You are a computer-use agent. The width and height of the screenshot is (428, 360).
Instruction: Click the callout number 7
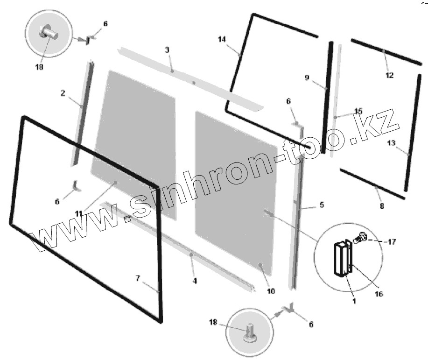pyautogui.click(x=138, y=278)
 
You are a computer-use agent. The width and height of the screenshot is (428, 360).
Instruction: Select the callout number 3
pyautogui.click(x=167, y=49)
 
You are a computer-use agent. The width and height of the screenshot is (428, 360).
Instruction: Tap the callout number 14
pyautogui.click(x=222, y=39)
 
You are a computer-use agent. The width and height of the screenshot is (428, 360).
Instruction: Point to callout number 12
pyautogui.click(x=389, y=75)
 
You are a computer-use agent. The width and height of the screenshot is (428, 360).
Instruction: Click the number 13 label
pyautogui.click(x=392, y=142)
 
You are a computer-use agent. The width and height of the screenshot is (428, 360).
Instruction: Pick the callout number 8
pyautogui.click(x=382, y=205)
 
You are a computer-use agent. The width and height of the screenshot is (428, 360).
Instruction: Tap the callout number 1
pyautogui.click(x=354, y=301)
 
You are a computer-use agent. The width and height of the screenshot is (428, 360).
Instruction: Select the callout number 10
pyautogui.click(x=271, y=291)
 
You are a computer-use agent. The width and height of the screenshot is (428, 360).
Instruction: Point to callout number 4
pyautogui.click(x=195, y=281)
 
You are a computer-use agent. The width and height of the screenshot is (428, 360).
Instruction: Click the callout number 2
pyautogui.click(x=63, y=93)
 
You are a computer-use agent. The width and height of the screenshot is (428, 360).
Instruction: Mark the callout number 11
pyautogui.click(x=79, y=213)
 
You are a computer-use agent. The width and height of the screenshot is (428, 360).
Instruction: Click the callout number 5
pyautogui.click(x=322, y=205)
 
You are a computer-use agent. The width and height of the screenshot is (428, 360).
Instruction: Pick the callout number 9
pyautogui.click(x=307, y=78)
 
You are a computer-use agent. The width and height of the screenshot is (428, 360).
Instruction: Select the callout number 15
pyautogui.click(x=358, y=111)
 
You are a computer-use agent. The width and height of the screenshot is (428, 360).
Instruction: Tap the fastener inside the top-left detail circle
pyautogui.click(x=48, y=34)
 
